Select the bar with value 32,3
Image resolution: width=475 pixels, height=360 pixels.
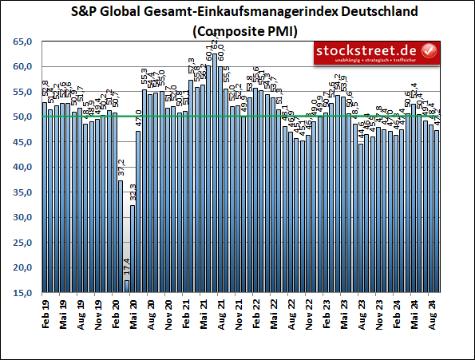(133, 249)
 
